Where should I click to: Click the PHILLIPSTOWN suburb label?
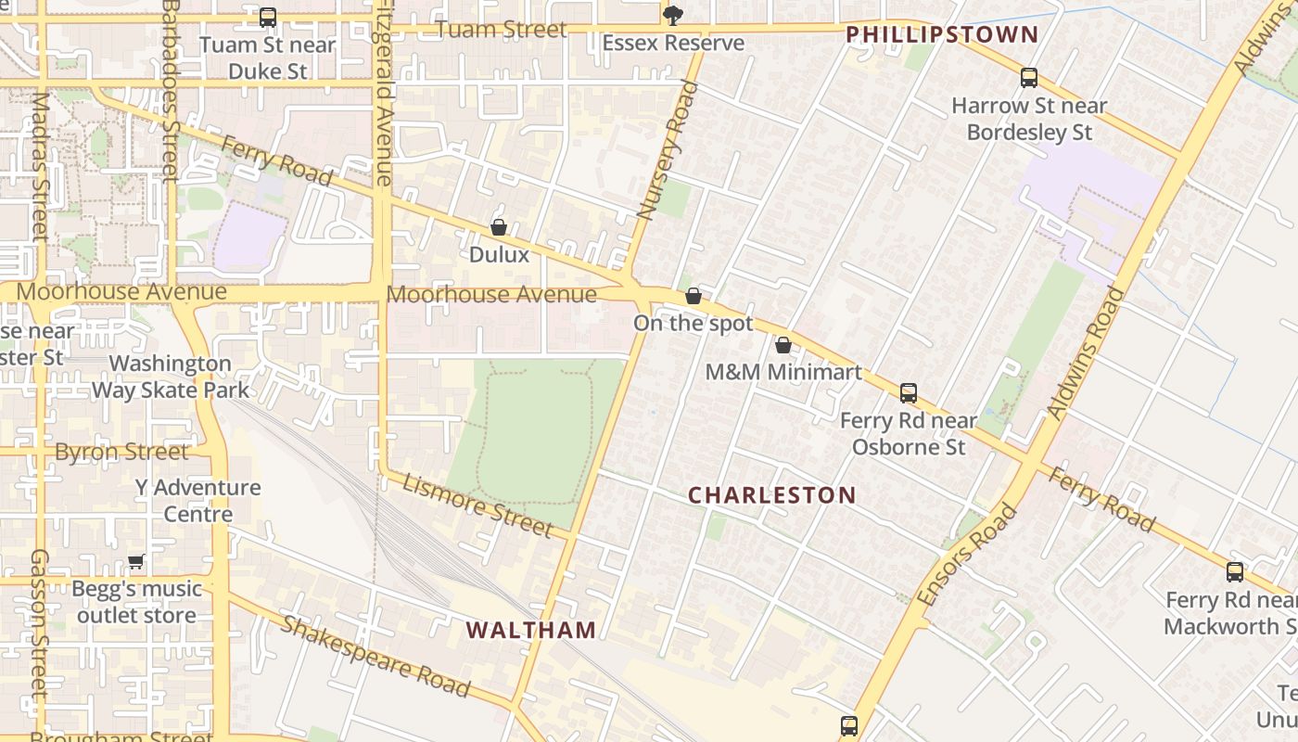[x=942, y=35]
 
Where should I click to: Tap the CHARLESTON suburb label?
[x=771, y=495]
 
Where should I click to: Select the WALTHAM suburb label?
[x=531, y=631]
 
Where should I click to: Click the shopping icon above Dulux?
[x=499, y=227]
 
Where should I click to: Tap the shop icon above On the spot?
[x=694, y=296]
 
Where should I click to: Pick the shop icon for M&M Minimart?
[x=783, y=345]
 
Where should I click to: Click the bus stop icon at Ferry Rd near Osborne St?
[x=909, y=393]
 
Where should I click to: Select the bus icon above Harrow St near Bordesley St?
[x=1029, y=78]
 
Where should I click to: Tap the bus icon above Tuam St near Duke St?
[x=268, y=17]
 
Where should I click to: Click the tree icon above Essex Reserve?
[x=672, y=15]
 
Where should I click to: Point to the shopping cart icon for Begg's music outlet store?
[x=136, y=561]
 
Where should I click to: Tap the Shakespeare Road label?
[x=375, y=655]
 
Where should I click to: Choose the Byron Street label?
[x=121, y=453]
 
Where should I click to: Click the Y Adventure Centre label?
[x=197, y=501]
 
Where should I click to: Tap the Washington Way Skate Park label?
[x=171, y=377]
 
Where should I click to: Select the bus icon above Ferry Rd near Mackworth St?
[x=1235, y=572]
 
